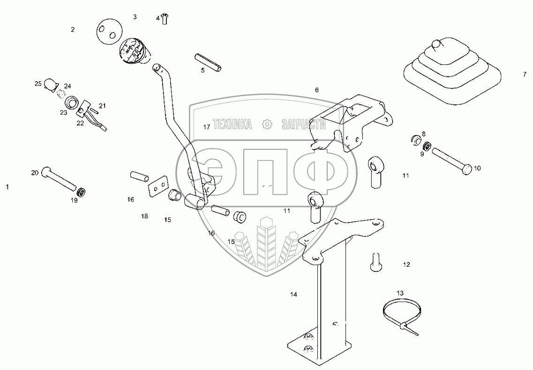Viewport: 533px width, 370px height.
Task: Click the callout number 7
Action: (x=525, y=75)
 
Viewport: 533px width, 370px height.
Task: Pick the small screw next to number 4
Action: (x=165, y=19)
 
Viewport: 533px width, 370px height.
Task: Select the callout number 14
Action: (x=293, y=295)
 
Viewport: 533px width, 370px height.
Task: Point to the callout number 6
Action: (x=316, y=90)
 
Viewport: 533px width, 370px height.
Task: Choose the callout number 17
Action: (x=207, y=127)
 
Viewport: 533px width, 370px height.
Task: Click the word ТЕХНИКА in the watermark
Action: (x=233, y=124)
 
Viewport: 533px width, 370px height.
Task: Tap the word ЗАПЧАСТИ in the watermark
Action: (x=304, y=124)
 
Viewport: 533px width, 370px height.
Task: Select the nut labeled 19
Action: (x=82, y=192)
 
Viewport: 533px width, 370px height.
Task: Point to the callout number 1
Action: (x=7, y=187)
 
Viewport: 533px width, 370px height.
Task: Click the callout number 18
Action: (x=144, y=216)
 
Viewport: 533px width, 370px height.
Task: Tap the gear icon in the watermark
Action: (x=267, y=124)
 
